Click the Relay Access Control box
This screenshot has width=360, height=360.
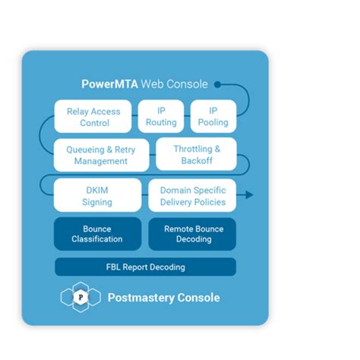click(x=93, y=116)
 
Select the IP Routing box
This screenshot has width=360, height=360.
click(x=161, y=116)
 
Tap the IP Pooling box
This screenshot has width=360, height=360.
click(x=213, y=116)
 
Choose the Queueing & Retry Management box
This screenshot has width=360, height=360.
click(x=101, y=155)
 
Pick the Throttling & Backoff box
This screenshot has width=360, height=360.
click(x=197, y=154)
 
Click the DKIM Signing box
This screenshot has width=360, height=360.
click(x=97, y=195)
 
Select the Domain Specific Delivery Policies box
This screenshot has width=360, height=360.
click(x=192, y=195)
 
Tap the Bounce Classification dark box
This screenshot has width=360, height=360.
click(x=97, y=234)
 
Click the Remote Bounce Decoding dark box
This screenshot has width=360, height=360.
click(x=192, y=234)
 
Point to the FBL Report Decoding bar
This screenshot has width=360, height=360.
click(x=146, y=267)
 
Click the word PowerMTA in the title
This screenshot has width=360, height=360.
click(x=109, y=84)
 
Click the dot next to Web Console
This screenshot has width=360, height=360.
click(x=217, y=84)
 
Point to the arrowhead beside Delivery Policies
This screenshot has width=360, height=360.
click(x=249, y=195)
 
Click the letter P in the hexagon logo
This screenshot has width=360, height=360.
click(x=81, y=297)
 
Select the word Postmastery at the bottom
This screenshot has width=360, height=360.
click(x=141, y=298)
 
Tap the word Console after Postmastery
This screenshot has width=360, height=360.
click(x=198, y=298)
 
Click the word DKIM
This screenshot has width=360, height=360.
click(x=97, y=190)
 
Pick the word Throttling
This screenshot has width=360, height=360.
click(x=193, y=149)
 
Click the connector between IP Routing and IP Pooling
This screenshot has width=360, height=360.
click(x=187, y=116)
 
